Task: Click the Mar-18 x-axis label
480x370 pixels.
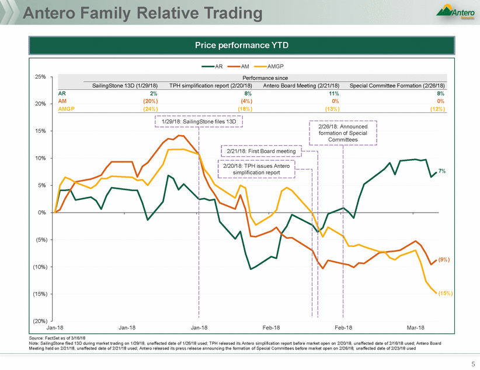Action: pos(415,328)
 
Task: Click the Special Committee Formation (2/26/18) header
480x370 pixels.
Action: pos(397,85)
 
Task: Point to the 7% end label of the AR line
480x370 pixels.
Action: pos(443,171)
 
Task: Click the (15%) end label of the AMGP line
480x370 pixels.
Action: pos(444,293)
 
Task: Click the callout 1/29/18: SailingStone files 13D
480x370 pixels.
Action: pos(199,121)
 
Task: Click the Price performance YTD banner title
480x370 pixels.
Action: pos(239,44)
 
